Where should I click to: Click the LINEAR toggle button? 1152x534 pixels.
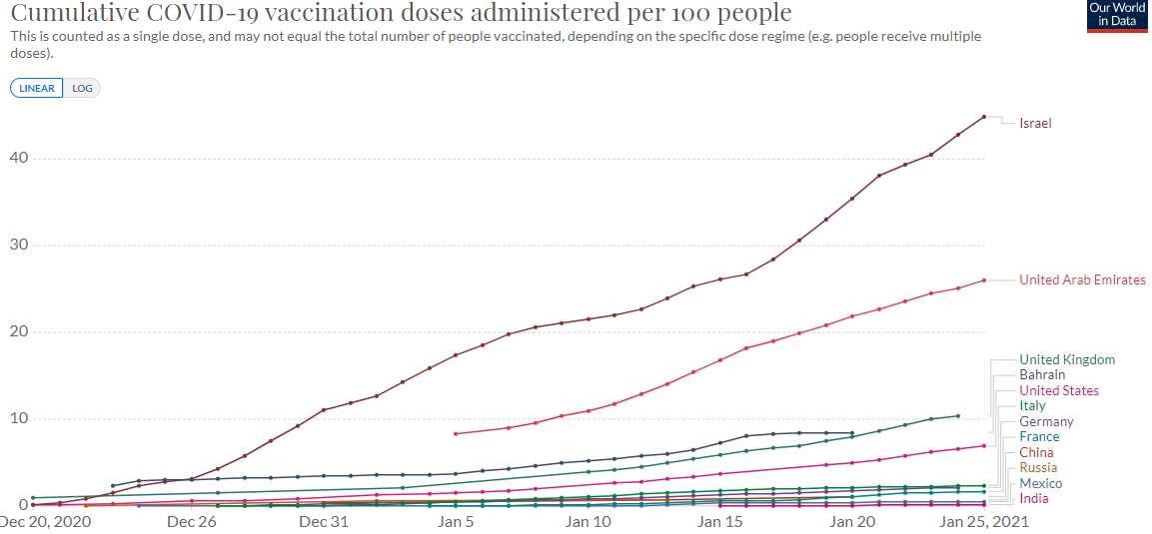point(37,88)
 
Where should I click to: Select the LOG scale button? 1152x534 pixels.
point(82,88)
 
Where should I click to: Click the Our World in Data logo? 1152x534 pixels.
point(1118,16)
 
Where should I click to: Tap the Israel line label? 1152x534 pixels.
point(1035,124)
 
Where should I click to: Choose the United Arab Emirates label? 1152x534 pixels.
point(1082,280)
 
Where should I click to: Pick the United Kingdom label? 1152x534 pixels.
point(1067,360)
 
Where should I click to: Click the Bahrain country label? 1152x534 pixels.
point(1042,375)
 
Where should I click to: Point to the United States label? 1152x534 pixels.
point(1059,391)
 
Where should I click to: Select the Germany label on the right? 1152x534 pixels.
point(1046,422)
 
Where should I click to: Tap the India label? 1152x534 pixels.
point(1034,499)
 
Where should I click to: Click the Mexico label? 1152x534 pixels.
point(1040,484)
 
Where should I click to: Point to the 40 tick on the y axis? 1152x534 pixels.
point(19,159)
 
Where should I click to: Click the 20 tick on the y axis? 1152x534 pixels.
point(19,332)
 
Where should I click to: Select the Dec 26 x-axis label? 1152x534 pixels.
point(191,521)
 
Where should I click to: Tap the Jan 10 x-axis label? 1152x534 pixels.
point(588,521)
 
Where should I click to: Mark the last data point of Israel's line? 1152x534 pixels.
point(984,117)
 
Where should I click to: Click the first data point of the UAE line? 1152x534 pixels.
point(456,434)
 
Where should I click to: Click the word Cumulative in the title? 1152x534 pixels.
point(68,13)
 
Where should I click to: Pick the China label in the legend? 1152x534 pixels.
point(1036,453)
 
